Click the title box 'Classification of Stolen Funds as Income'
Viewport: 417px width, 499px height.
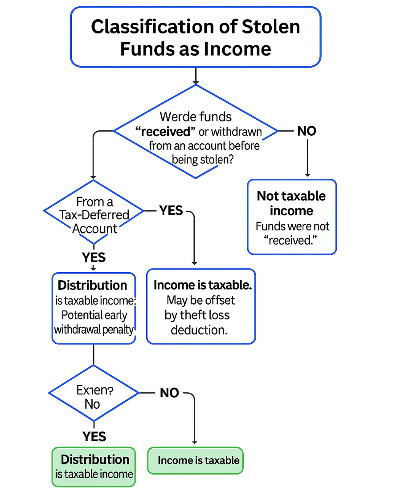click(195, 37)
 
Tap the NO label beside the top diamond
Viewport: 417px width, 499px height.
click(307, 131)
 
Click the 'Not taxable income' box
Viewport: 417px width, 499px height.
click(292, 217)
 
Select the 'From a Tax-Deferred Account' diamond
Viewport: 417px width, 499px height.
click(94, 212)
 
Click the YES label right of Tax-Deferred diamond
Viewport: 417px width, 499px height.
click(171, 210)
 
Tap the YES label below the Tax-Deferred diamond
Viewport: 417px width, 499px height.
click(94, 257)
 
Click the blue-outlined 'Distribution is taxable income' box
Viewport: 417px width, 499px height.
click(94, 308)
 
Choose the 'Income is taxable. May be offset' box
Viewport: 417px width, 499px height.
click(201, 306)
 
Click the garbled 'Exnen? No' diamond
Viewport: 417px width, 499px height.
click(94, 393)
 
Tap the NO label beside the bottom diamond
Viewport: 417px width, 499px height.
click(169, 393)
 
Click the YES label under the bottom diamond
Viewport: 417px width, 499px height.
click(94, 437)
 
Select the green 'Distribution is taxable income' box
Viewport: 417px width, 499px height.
click(94, 467)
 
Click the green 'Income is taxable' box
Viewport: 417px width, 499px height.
click(196, 460)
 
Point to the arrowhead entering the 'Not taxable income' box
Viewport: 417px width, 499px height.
click(307, 175)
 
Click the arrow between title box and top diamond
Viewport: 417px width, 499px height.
click(195, 76)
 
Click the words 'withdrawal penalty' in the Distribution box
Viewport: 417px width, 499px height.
click(94, 330)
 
